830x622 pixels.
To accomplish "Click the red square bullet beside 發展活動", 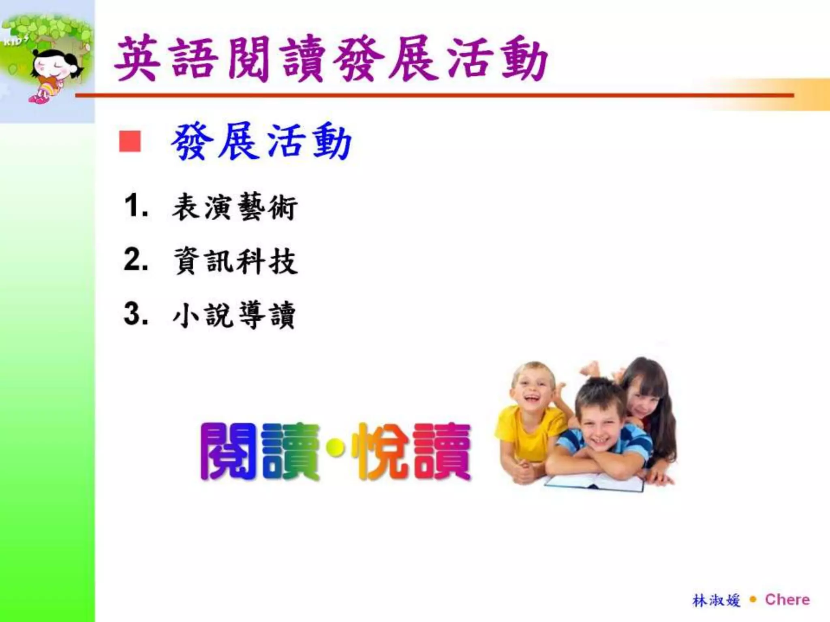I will pyautogui.click(x=130, y=141).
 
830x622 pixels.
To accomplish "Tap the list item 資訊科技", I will pyautogui.click(x=235, y=261).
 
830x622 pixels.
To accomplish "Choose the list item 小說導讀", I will pyautogui.click(x=234, y=315).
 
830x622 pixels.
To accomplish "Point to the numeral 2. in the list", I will pyautogui.click(x=136, y=260).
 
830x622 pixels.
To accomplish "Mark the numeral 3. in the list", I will pyautogui.click(x=136, y=314).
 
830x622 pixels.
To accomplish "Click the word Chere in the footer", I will pyautogui.click(x=787, y=600).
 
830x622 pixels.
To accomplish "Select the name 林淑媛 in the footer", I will pyautogui.click(x=716, y=601).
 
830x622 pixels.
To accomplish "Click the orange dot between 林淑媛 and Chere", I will pyautogui.click(x=753, y=600).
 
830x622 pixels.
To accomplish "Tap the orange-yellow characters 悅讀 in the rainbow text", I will pyautogui.click(x=410, y=452).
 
